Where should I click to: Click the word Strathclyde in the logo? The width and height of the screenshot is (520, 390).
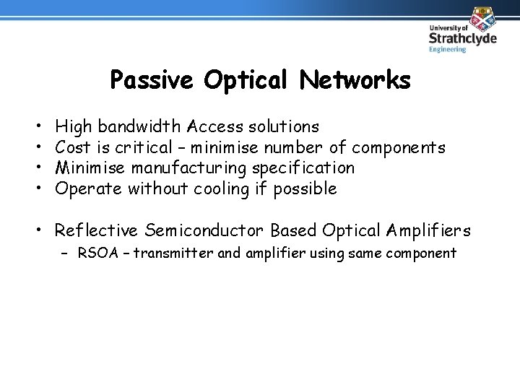coord(462,38)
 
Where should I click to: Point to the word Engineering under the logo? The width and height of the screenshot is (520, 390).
coord(448,49)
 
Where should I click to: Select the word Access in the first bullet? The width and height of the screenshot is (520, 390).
coord(214,127)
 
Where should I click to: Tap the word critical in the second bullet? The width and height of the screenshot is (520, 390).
coord(142,148)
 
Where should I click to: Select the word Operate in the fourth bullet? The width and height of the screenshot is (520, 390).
coord(88,189)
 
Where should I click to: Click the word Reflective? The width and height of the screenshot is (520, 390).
coord(96,231)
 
